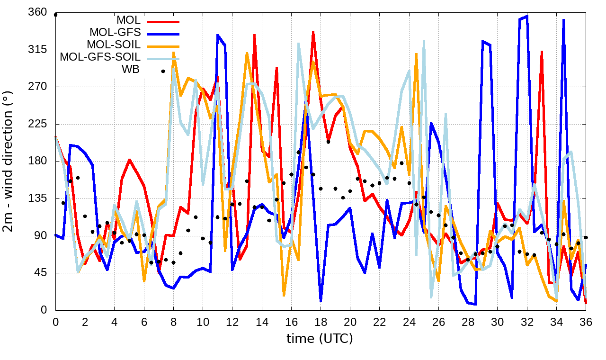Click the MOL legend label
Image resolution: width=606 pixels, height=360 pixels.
click(x=128, y=21)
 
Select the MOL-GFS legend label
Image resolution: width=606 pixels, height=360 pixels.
click(x=115, y=33)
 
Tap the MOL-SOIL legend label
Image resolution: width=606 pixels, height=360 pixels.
click(x=114, y=45)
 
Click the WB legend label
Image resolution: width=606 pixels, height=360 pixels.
click(x=131, y=70)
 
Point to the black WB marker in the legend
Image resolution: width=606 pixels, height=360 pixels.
click(x=163, y=71)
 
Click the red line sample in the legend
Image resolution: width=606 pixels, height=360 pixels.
click(x=163, y=21)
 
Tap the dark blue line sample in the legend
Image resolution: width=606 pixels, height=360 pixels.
click(x=163, y=34)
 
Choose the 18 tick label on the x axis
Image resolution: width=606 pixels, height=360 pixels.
click(x=321, y=322)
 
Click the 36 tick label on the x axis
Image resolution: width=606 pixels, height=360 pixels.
click(x=586, y=322)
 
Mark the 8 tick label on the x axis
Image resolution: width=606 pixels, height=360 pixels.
click(x=173, y=322)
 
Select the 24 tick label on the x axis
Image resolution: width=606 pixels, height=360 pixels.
click(x=409, y=322)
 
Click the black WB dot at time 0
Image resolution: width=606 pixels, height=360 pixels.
click(x=55, y=15)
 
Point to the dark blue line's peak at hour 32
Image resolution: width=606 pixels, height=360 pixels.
click(x=527, y=16)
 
